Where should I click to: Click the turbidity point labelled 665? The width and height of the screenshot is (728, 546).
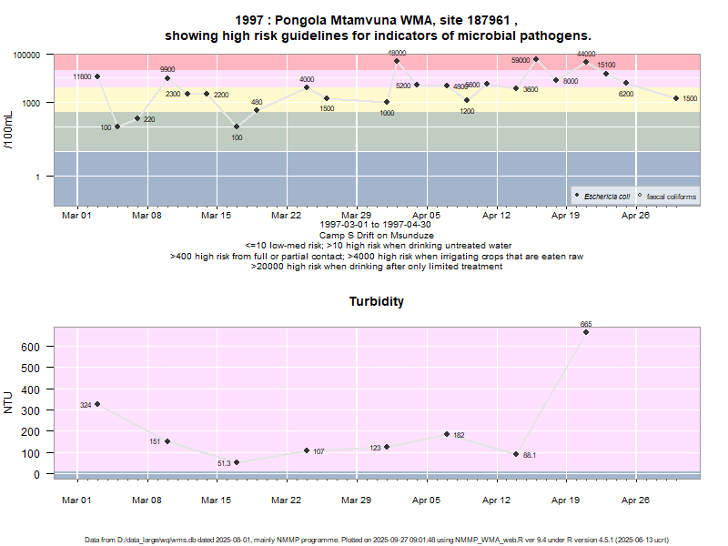(x=586, y=332)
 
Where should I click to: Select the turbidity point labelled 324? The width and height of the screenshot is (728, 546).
(x=97, y=404)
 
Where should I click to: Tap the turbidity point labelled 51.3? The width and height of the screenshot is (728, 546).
(x=237, y=462)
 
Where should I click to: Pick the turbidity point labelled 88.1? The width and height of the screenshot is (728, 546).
(x=516, y=454)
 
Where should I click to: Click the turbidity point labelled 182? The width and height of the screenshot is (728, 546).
(x=447, y=434)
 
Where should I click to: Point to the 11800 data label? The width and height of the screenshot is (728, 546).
(x=82, y=76)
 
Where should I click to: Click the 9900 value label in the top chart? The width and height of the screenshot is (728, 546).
(x=167, y=69)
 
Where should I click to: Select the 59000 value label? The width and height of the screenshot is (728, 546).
(x=521, y=60)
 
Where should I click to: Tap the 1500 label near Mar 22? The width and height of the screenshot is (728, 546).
(x=327, y=109)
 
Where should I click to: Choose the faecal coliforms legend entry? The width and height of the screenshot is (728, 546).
(x=671, y=197)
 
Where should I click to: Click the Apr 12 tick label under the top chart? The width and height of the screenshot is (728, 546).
(x=497, y=216)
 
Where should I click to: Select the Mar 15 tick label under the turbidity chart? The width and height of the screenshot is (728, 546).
(x=217, y=500)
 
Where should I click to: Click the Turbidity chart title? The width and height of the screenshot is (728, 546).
(x=377, y=301)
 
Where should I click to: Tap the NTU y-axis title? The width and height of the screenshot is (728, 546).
(x=10, y=402)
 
